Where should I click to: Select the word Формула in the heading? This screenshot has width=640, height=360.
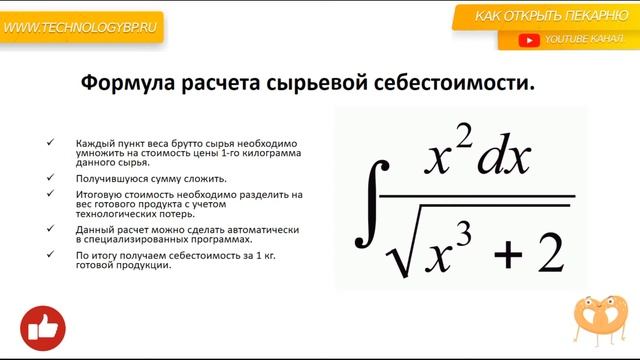(124, 84)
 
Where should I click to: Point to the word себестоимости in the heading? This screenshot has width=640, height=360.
(465, 84)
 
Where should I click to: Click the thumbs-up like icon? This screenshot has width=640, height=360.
(43, 326)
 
